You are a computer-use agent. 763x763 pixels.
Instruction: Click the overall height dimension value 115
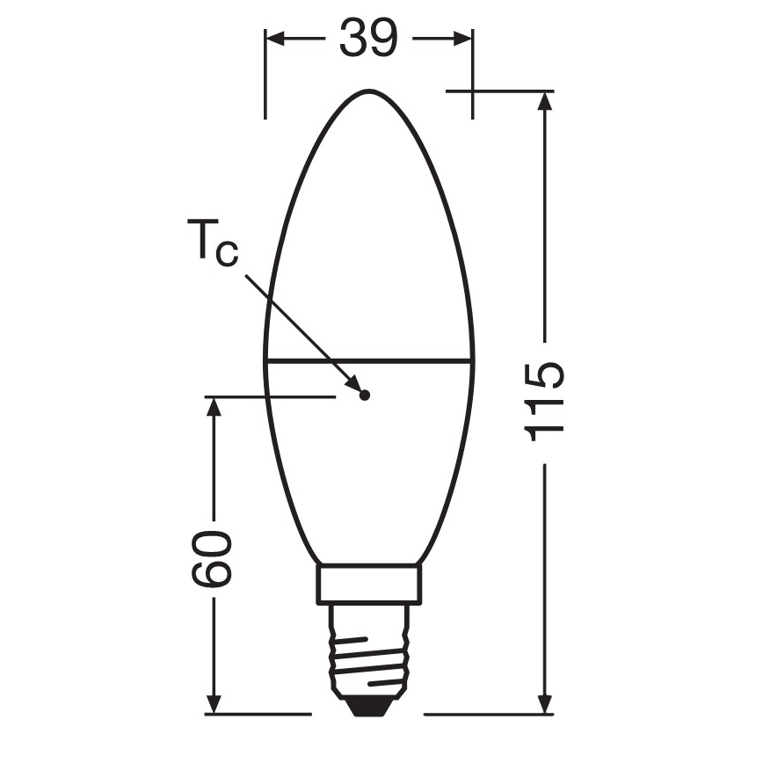(543, 400)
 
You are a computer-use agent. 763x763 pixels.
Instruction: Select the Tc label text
(211, 245)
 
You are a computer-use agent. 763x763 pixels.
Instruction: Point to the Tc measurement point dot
(365, 395)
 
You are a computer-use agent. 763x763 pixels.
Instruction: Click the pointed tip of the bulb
(370, 91)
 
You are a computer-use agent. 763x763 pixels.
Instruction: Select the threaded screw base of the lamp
(370, 650)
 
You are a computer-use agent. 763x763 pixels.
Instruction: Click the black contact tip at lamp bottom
(370, 703)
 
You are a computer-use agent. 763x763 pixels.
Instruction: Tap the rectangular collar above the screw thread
(370, 585)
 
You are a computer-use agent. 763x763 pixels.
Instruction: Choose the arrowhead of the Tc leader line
(354, 384)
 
